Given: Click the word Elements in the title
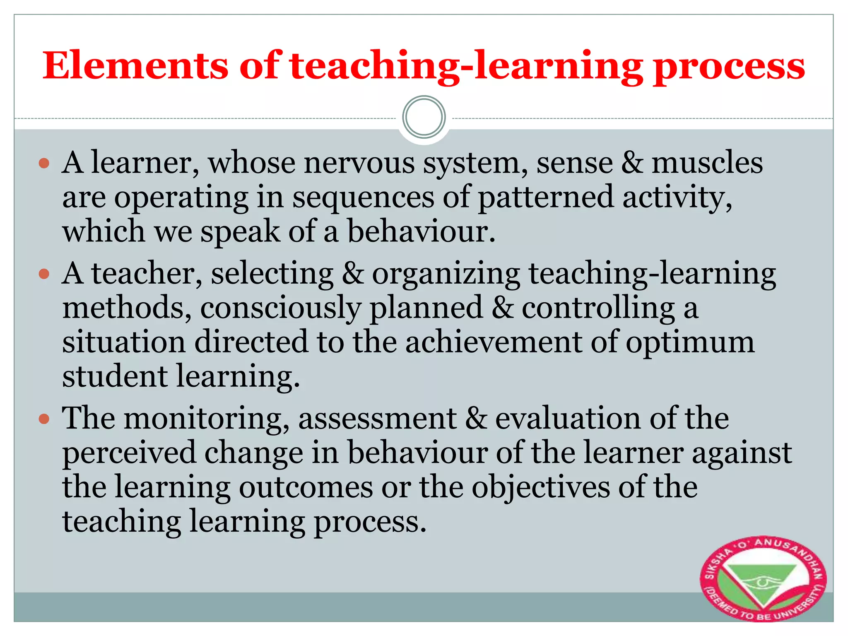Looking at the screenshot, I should [135, 66].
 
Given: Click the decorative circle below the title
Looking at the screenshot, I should [424, 117].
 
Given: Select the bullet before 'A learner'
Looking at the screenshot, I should [44, 163].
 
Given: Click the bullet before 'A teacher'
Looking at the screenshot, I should [44, 274].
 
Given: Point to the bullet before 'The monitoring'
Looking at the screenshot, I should [44, 419].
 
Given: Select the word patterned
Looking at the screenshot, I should [545, 197].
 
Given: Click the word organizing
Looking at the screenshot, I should [446, 275].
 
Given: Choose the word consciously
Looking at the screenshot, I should [280, 309].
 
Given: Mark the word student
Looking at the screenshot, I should [115, 377].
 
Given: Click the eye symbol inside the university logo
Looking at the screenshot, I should [762, 583].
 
